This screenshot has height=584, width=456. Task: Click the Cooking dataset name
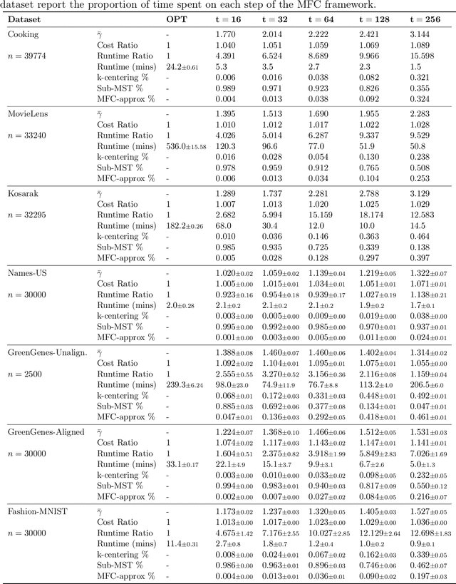23,34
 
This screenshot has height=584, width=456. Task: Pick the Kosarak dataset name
24,193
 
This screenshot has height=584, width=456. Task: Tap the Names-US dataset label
28,272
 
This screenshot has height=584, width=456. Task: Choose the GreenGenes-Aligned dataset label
46,431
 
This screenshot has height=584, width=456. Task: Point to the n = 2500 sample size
26,373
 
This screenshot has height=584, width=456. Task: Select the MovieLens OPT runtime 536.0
185,146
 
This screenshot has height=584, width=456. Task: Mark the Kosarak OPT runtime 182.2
185,226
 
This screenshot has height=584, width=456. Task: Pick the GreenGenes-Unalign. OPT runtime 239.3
185,385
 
